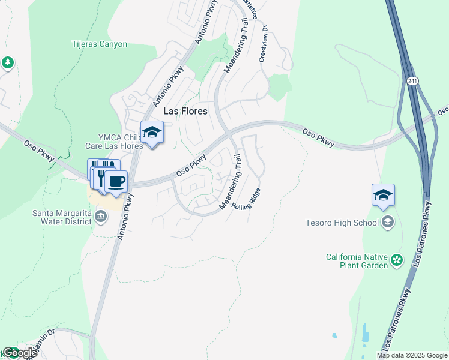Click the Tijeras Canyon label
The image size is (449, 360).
(x=100, y=44)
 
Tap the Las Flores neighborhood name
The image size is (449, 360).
(x=185, y=111)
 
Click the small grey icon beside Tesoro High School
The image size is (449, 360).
(x=388, y=223)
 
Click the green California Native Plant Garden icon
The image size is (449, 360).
(x=396, y=260)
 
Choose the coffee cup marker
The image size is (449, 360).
(x=116, y=181)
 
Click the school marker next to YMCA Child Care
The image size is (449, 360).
(x=152, y=133)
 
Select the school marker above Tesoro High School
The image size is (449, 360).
(x=383, y=196)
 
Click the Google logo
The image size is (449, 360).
(x=20, y=353)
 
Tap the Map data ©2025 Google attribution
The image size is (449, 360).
(x=412, y=355)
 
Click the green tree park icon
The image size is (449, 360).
(x=7, y=62)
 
